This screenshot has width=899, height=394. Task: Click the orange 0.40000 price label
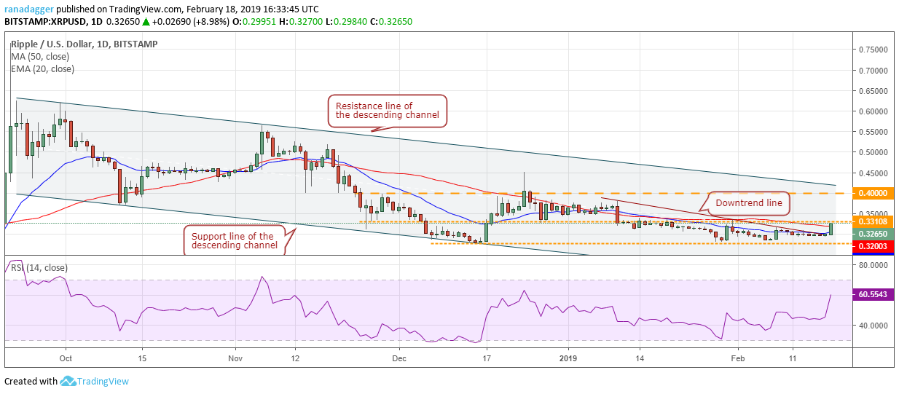(x=873, y=193)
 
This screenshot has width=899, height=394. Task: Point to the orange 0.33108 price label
(x=873, y=221)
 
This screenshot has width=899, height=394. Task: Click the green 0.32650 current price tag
(x=873, y=235)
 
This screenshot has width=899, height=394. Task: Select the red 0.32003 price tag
(x=873, y=248)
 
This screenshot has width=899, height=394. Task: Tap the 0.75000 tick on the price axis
(x=872, y=50)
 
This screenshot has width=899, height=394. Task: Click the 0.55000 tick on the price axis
(x=872, y=132)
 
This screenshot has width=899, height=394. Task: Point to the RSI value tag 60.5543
(x=873, y=295)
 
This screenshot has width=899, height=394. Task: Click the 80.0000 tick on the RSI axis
(x=872, y=266)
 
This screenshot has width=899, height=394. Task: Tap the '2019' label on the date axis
(x=568, y=358)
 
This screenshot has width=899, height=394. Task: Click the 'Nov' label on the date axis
(x=234, y=358)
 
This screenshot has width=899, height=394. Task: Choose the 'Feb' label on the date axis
(x=738, y=358)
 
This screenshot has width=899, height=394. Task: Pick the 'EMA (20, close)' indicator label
(x=42, y=69)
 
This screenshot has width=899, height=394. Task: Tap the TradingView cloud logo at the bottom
(x=69, y=381)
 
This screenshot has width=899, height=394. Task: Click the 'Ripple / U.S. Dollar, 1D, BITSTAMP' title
(x=84, y=44)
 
